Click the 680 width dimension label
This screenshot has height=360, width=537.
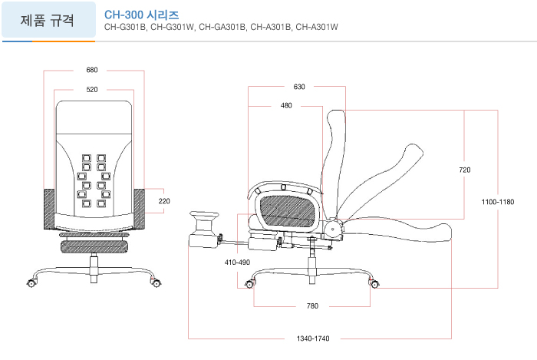92,70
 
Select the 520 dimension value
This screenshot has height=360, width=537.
92,90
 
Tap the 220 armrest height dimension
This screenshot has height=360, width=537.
164,201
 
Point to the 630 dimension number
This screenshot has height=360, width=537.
299,87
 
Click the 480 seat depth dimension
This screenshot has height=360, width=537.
286,105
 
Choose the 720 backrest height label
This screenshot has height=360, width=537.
465,170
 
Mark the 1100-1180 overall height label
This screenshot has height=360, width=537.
498,202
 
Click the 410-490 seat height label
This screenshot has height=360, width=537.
237,263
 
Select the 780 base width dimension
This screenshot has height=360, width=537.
312,306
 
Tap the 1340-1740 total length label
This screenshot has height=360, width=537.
313,339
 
